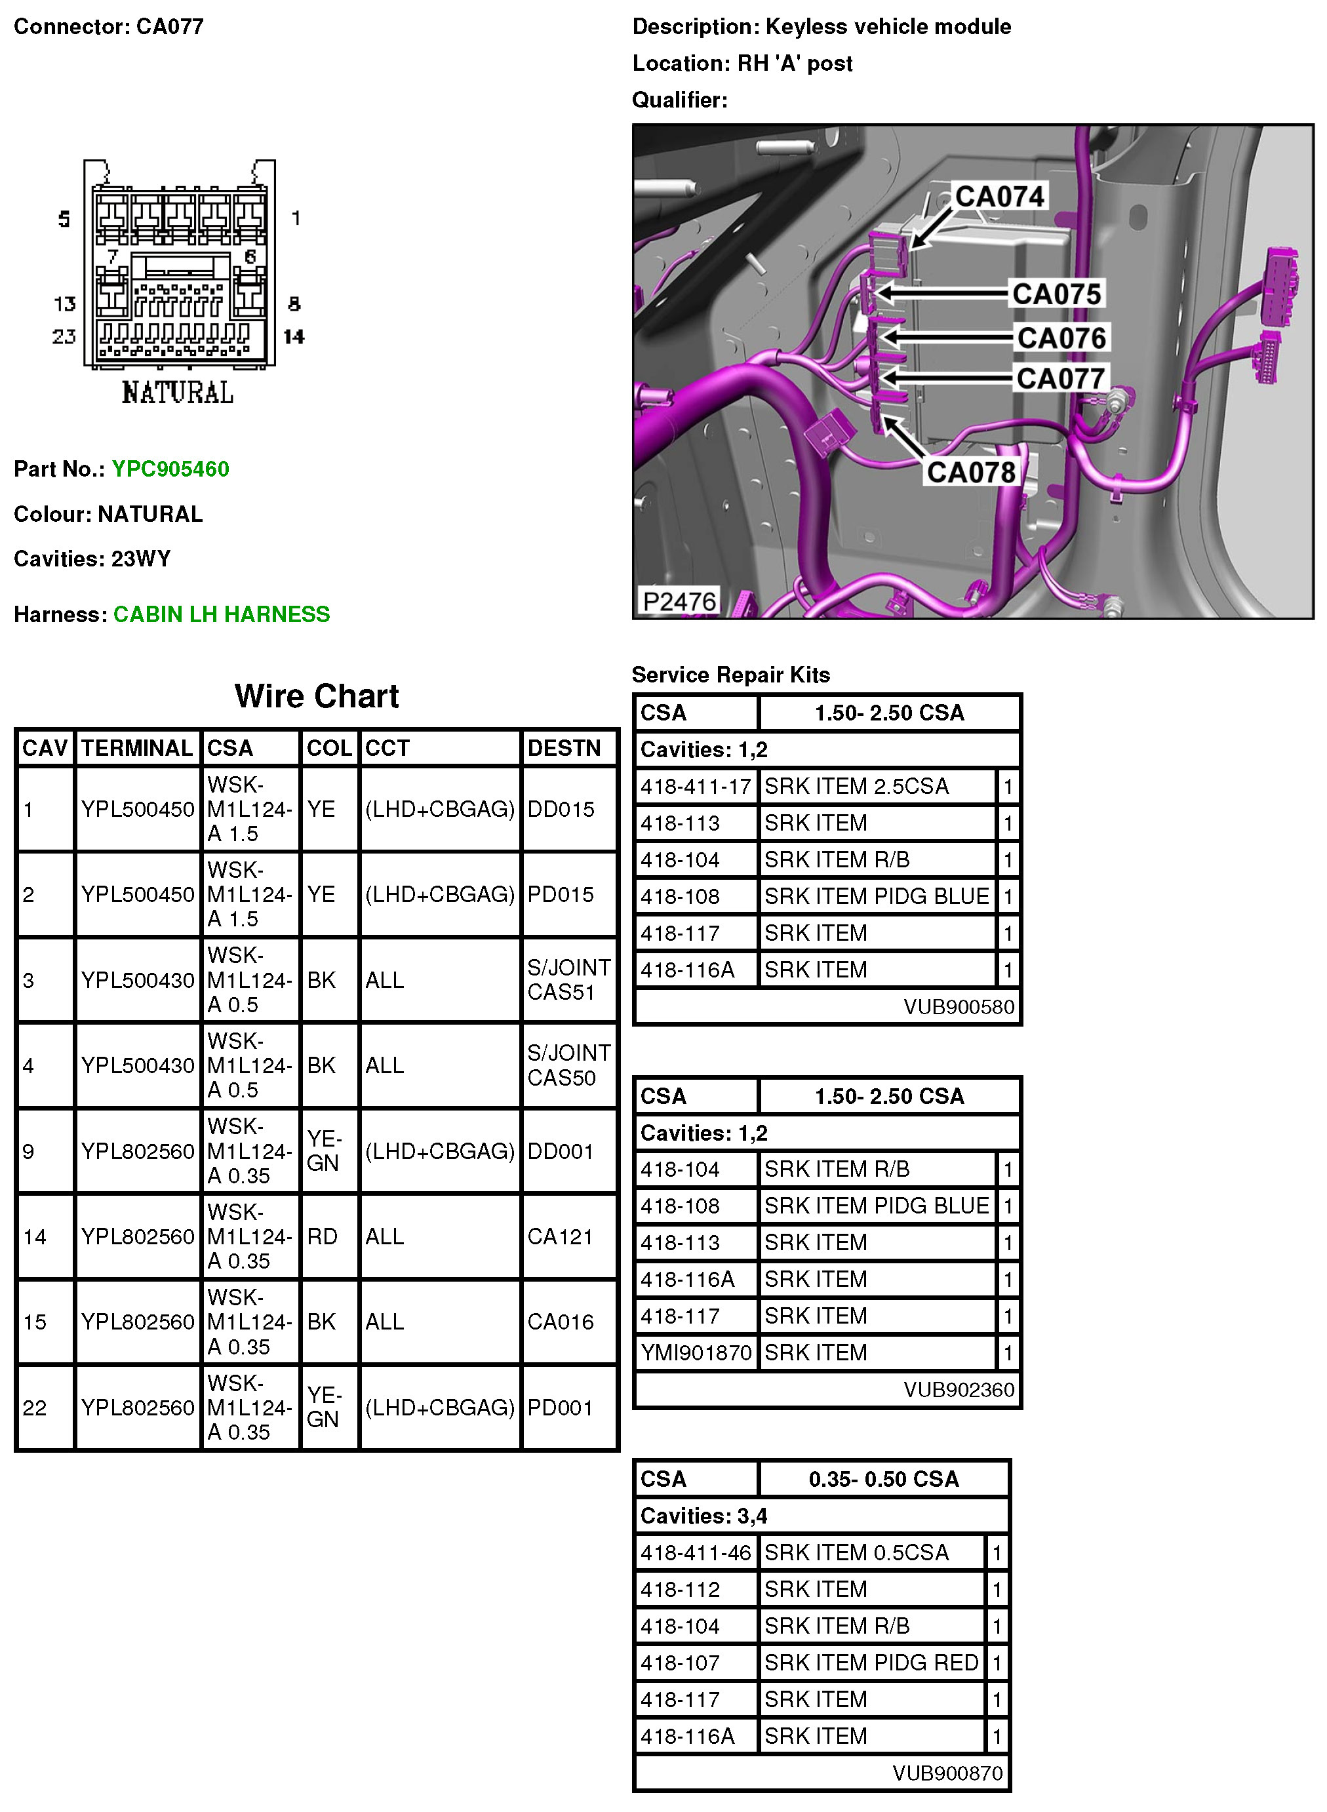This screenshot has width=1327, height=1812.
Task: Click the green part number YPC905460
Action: (170, 469)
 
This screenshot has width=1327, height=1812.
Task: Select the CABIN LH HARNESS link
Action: (221, 614)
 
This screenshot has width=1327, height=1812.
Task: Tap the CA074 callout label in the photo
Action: (999, 196)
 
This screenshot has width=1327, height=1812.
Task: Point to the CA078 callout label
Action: (970, 472)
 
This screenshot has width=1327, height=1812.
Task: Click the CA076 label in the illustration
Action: (1061, 338)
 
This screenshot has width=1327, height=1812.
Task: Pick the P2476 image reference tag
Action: (679, 601)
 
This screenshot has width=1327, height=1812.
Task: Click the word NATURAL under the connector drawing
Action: (178, 393)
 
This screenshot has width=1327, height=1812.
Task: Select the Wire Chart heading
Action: (317, 696)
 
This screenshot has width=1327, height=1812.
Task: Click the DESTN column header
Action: (564, 749)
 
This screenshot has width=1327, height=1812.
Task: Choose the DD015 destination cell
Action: (561, 809)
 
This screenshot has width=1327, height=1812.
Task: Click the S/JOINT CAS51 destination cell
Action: (568, 980)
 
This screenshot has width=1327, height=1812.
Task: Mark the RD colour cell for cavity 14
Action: (322, 1237)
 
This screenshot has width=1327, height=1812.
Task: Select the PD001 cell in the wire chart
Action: (560, 1408)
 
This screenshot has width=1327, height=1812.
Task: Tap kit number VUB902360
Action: (959, 1390)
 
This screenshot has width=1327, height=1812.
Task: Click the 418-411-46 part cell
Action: (696, 1552)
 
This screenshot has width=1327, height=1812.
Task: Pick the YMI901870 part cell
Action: (696, 1352)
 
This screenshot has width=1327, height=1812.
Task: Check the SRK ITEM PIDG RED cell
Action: (871, 1663)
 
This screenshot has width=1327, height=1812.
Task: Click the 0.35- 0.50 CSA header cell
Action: (884, 1480)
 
